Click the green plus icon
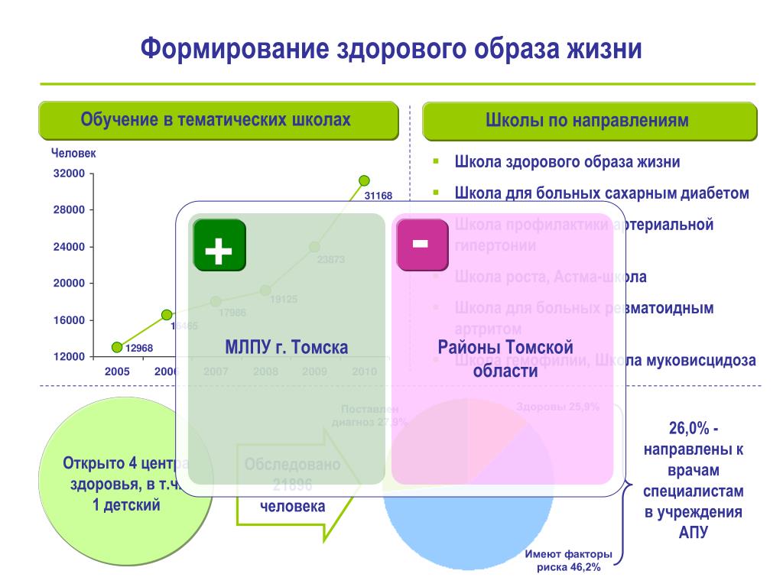pyautogui.click(x=219, y=245)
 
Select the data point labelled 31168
pyautogui.click(x=364, y=180)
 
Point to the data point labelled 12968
pyautogui.click(x=117, y=347)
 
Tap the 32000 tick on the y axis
pyautogui.click(x=69, y=174)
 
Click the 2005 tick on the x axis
pyautogui.click(x=117, y=371)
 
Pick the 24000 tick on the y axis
pyautogui.click(x=69, y=247)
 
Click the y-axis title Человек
pyautogui.click(x=73, y=154)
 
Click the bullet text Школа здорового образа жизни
pyautogui.click(x=567, y=162)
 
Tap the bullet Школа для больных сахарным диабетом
pyautogui.click(x=601, y=193)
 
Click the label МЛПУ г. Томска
pyautogui.click(x=286, y=348)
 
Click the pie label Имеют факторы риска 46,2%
pyautogui.click(x=569, y=562)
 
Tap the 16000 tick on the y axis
pyautogui.click(x=69, y=320)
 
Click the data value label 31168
pyautogui.click(x=378, y=196)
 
